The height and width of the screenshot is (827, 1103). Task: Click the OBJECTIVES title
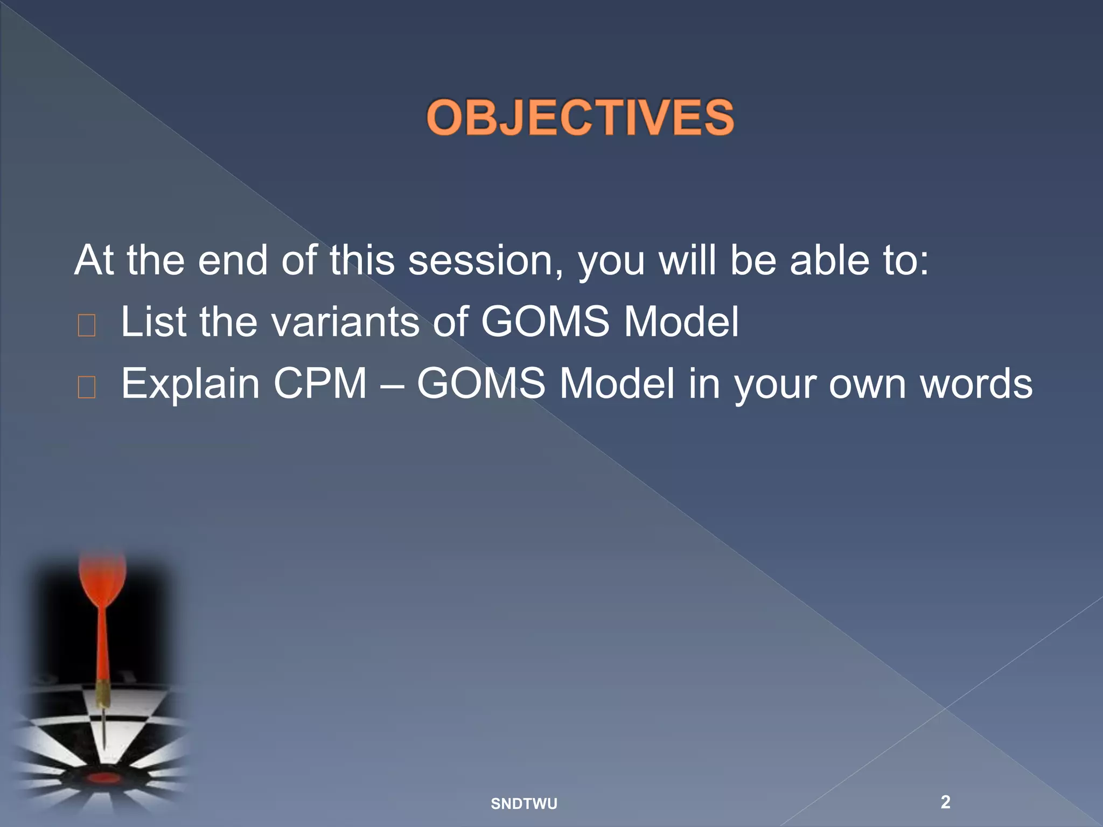580,117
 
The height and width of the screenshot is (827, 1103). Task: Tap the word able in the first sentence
830,261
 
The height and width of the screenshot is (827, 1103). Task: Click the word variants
345,322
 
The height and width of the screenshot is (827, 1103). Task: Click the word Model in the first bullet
681,322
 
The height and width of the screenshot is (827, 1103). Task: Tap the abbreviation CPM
320,383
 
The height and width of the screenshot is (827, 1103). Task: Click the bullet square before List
87,326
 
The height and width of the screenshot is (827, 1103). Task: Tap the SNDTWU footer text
523,804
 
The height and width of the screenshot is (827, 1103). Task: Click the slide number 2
945,802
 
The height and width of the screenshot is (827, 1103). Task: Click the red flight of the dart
102,579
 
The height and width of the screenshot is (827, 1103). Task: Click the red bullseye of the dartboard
103,778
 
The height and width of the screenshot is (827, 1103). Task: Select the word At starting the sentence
94,261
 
